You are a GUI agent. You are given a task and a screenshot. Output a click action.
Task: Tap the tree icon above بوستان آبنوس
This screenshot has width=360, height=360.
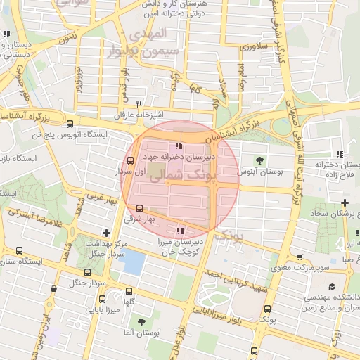point(259,159)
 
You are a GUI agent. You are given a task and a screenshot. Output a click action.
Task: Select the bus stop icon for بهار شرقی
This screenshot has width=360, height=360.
point(139,208)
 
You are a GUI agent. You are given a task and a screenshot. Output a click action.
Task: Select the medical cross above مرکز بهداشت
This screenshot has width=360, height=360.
point(106,232)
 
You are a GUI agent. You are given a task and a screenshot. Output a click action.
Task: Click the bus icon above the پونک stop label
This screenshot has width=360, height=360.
point(267,309)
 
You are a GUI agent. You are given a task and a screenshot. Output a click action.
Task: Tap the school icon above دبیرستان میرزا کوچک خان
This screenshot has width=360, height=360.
point(181,230)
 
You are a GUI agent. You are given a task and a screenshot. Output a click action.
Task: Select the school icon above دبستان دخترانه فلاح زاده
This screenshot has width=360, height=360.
point(340,154)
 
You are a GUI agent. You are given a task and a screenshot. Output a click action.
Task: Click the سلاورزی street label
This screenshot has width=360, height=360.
point(254,47)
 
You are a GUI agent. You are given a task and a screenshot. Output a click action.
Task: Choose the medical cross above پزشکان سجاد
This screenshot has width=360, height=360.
point(345,203)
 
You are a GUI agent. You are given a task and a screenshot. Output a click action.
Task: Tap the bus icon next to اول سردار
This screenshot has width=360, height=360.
point(128,160)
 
